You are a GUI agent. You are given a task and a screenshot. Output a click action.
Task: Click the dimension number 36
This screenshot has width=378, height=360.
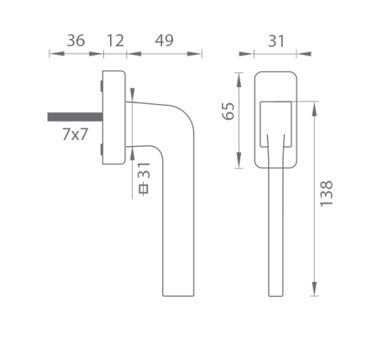point(76,41)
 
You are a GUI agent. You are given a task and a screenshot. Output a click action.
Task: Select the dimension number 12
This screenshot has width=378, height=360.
point(115,41)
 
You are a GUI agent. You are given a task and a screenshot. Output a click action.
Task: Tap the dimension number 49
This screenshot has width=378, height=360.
point(165,41)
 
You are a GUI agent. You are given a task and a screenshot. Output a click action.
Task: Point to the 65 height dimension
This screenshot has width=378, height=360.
point(228,112)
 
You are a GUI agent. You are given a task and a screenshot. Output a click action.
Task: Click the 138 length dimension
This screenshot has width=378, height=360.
point(327,194)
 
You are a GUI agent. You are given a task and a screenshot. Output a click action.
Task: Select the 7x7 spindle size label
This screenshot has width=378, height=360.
point(75,134)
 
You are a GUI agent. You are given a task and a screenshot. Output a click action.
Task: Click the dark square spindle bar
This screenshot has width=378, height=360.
point(75,117)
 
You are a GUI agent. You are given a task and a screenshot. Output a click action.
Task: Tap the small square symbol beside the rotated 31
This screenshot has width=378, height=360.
point(144,189)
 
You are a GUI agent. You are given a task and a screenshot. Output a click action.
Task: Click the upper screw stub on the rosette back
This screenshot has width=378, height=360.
point(102,86)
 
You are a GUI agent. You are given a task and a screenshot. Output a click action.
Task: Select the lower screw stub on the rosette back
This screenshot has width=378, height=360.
point(102,149)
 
